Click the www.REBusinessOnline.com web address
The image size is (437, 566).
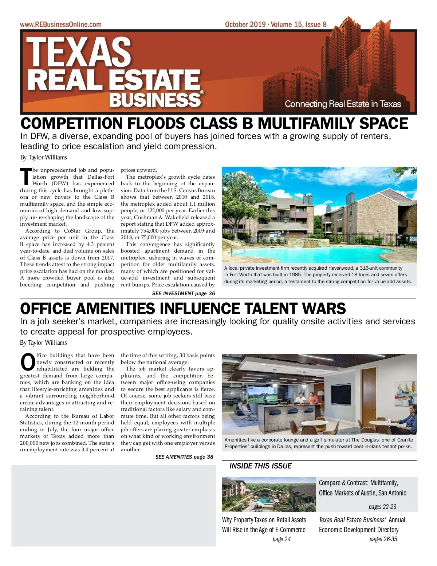tap(60, 24)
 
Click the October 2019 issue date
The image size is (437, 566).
tap(245, 24)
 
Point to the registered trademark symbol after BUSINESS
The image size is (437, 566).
tap(202, 92)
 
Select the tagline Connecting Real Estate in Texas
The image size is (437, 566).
tap(343, 104)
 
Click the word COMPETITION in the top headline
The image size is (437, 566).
tap(71, 124)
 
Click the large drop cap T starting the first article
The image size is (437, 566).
tap(26, 177)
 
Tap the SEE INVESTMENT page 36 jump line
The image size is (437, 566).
tap(184, 293)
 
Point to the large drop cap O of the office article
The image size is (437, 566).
tap(28, 362)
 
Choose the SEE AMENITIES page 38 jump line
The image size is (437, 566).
tap(184, 457)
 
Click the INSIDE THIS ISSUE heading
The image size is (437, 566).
tap(260, 466)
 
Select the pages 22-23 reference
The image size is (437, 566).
tap(382, 507)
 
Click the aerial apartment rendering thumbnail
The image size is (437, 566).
tap(269, 494)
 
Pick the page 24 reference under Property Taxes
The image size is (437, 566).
tap(282, 539)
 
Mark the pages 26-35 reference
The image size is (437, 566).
tap(383, 539)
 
